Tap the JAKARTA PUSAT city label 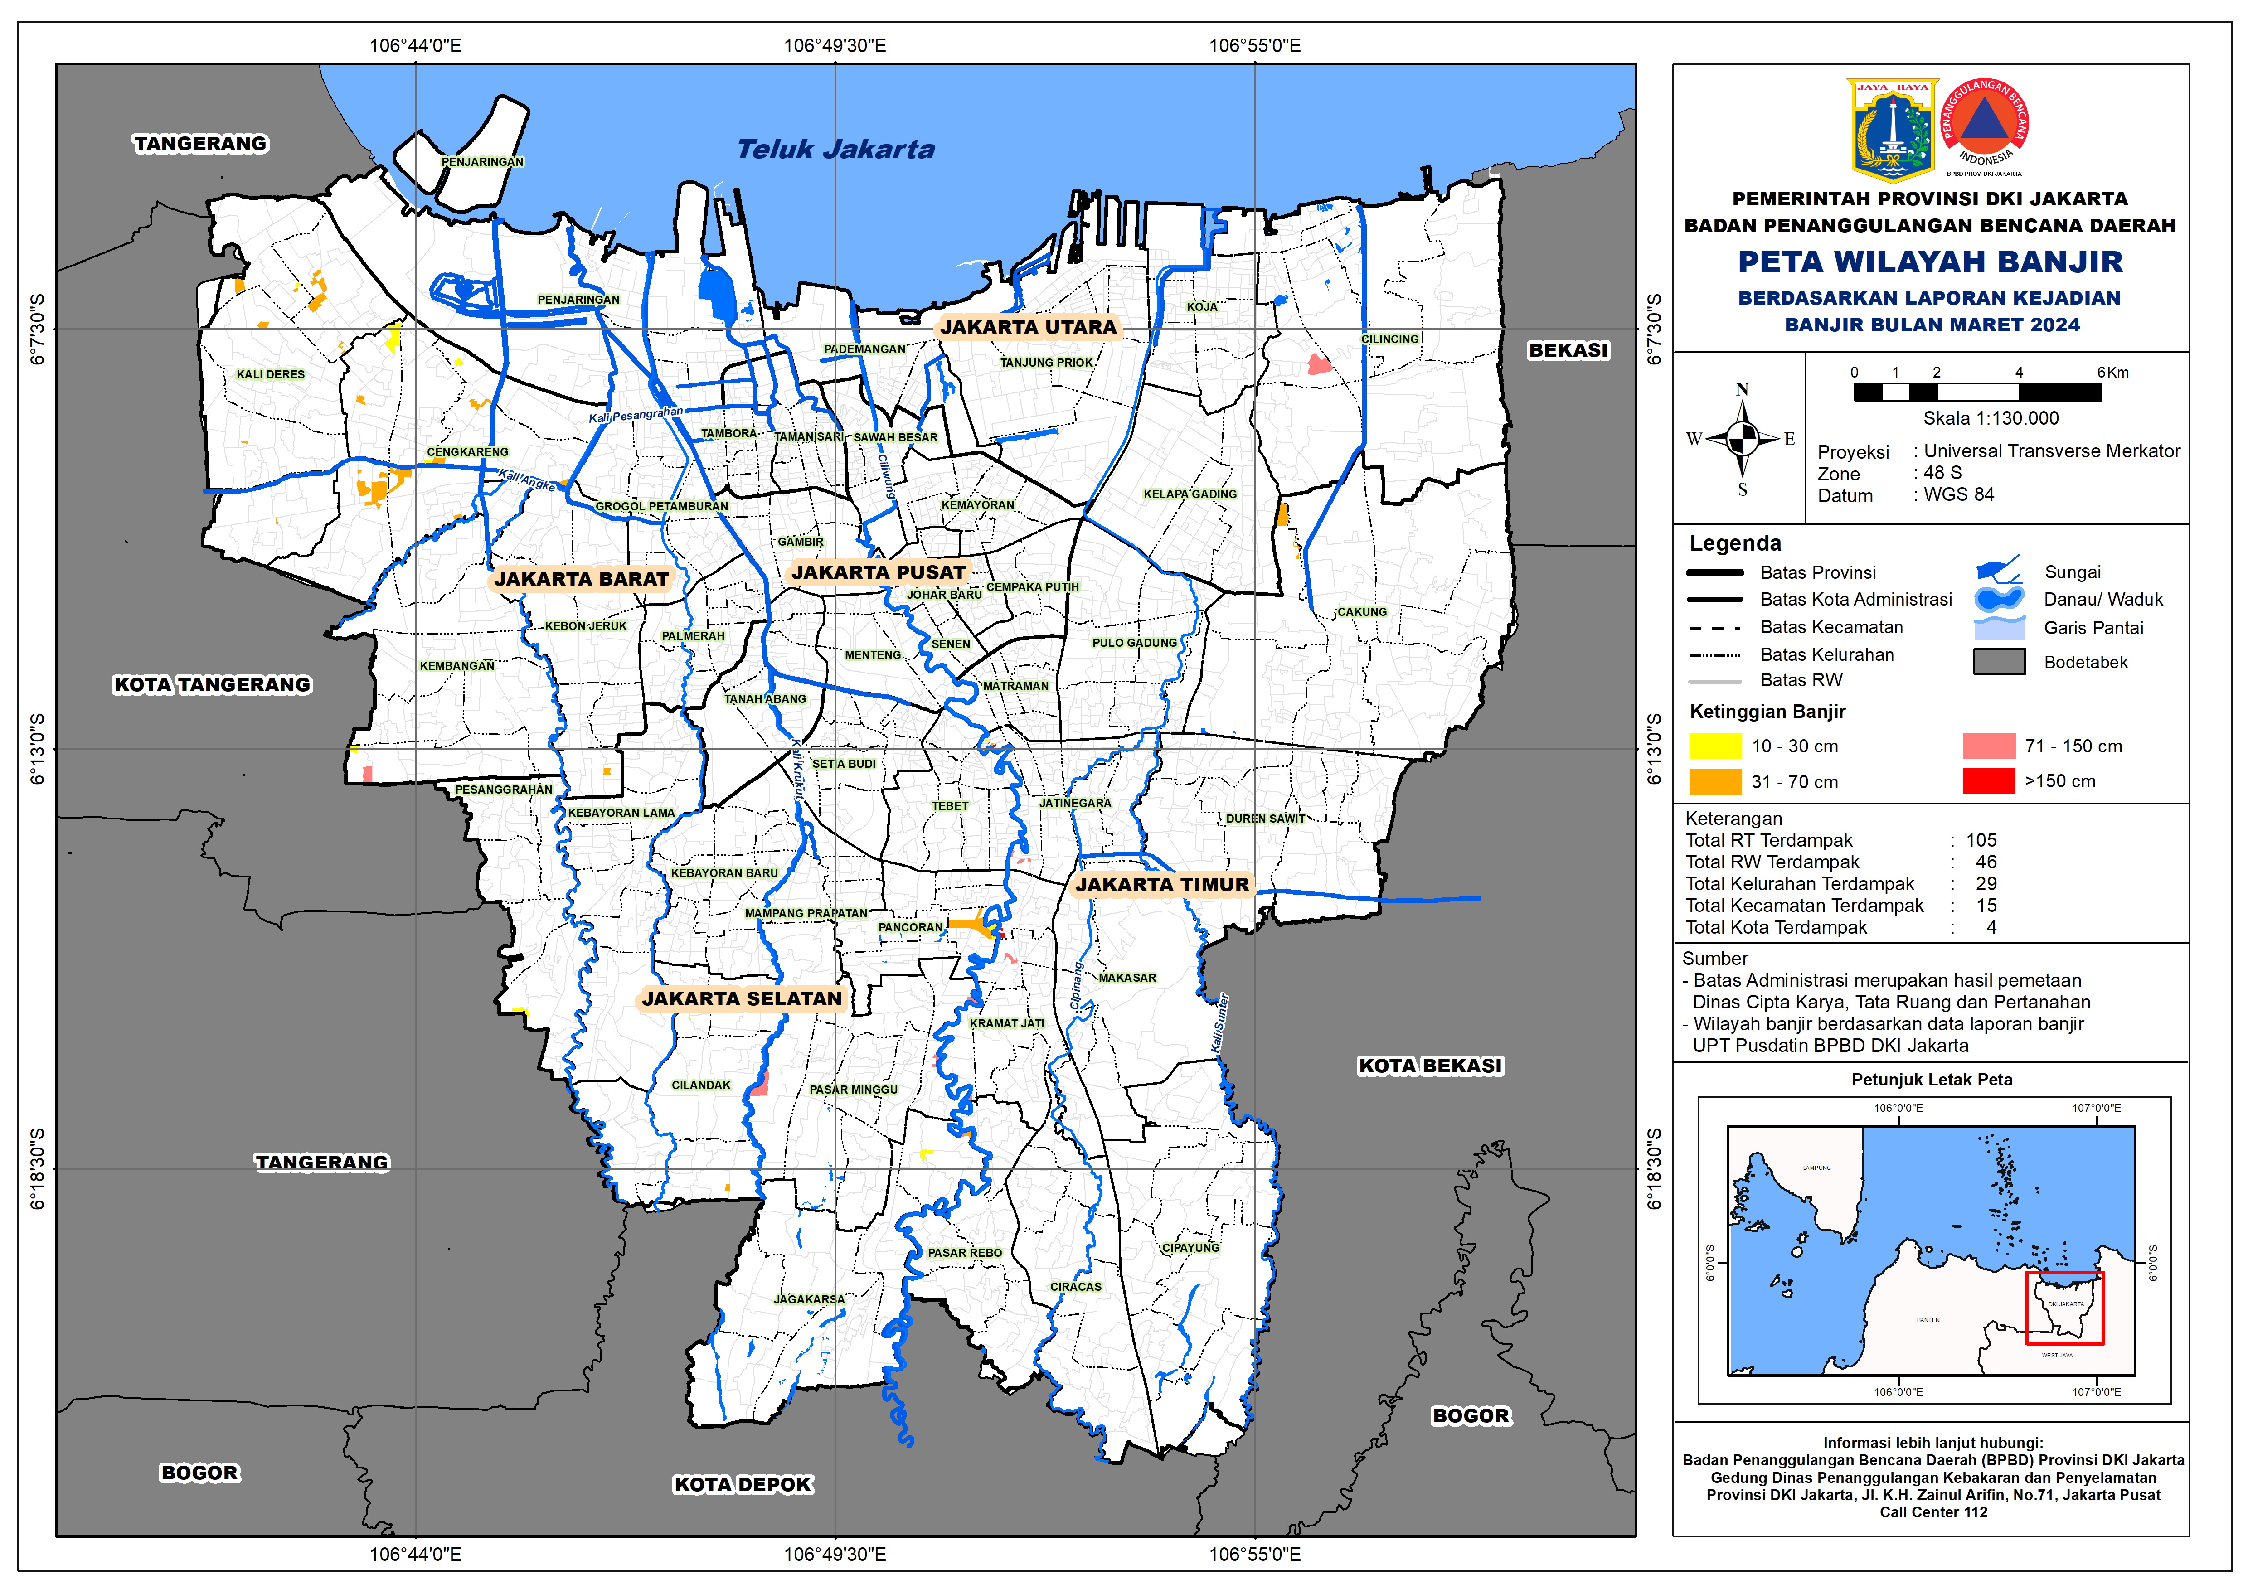[x=878, y=573]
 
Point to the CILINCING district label [x=1389, y=339]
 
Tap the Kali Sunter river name [x=1220, y=1023]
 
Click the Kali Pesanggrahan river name [x=636, y=415]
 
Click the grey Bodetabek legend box [x=1998, y=662]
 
